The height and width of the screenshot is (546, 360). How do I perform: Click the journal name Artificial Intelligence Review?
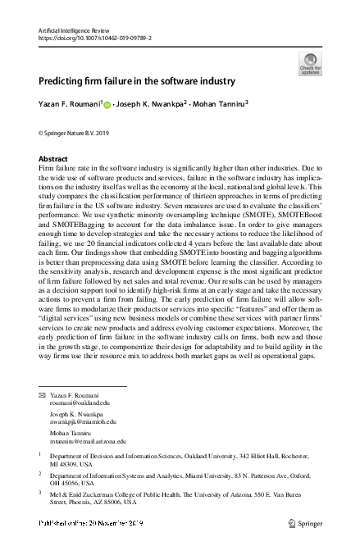(75, 30)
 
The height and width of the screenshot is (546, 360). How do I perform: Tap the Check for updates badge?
(311, 63)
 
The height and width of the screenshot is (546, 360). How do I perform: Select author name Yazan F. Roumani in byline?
(69, 105)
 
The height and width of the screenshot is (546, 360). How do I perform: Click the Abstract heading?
(54, 158)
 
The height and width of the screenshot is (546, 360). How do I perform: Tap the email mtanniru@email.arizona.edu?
(89, 440)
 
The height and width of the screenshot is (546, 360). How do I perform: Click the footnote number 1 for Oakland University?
(41, 452)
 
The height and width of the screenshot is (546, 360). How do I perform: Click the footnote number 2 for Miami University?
(41, 472)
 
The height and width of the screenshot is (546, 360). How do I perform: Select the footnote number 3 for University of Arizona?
(41, 492)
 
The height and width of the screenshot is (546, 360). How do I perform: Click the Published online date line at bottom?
(91, 522)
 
